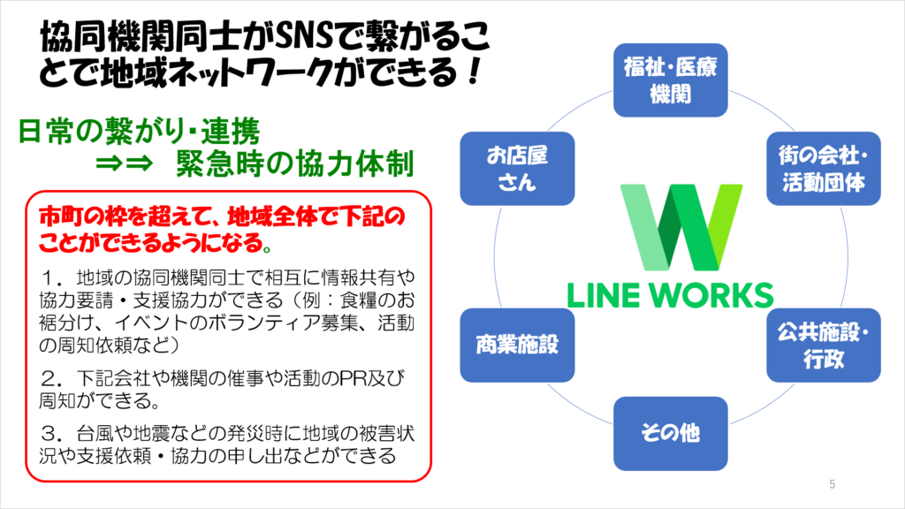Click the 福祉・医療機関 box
pos(670,80)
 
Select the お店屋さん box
pos(517,169)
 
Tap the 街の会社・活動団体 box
pos(824,169)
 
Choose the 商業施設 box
pos(517,346)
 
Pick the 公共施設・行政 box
pos(824,346)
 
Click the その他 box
pos(670,433)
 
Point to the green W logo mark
pos(681,227)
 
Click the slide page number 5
pos(832,484)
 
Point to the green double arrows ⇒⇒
pos(124,163)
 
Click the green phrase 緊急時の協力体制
pos(295,163)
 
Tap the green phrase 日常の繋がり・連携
pos(139,131)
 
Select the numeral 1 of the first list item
pos(50,278)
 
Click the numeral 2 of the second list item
pos(50,378)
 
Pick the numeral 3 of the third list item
pos(50,433)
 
